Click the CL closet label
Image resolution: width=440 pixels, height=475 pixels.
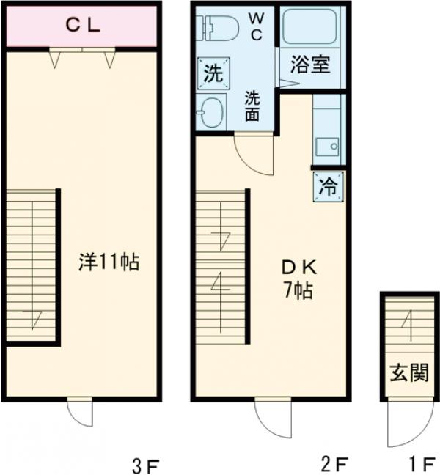[x=83, y=26]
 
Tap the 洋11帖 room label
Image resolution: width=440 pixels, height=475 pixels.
[x=109, y=262]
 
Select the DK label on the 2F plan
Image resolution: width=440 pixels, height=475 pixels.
[x=299, y=268]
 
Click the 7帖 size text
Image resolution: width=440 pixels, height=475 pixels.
[x=298, y=290]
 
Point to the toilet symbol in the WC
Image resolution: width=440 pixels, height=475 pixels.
[x=217, y=28]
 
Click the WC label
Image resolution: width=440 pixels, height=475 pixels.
[x=257, y=26]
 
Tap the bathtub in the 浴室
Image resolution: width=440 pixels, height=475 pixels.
[x=309, y=26]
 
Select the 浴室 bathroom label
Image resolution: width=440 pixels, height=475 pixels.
[x=310, y=65]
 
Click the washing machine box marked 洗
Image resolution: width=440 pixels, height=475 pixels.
[x=213, y=73]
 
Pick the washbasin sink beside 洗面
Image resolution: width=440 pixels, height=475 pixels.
[x=211, y=112]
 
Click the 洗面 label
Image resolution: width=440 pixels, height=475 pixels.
[x=252, y=106]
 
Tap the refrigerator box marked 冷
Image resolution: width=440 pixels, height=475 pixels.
[x=329, y=186]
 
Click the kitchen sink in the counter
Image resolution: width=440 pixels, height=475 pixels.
[x=327, y=147]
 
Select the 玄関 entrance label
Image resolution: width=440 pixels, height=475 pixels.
[x=409, y=373]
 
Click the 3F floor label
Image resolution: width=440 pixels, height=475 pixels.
[x=145, y=465]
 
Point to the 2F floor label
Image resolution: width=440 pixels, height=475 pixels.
[x=334, y=464]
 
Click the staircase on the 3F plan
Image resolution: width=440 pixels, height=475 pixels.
[x=32, y=265]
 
